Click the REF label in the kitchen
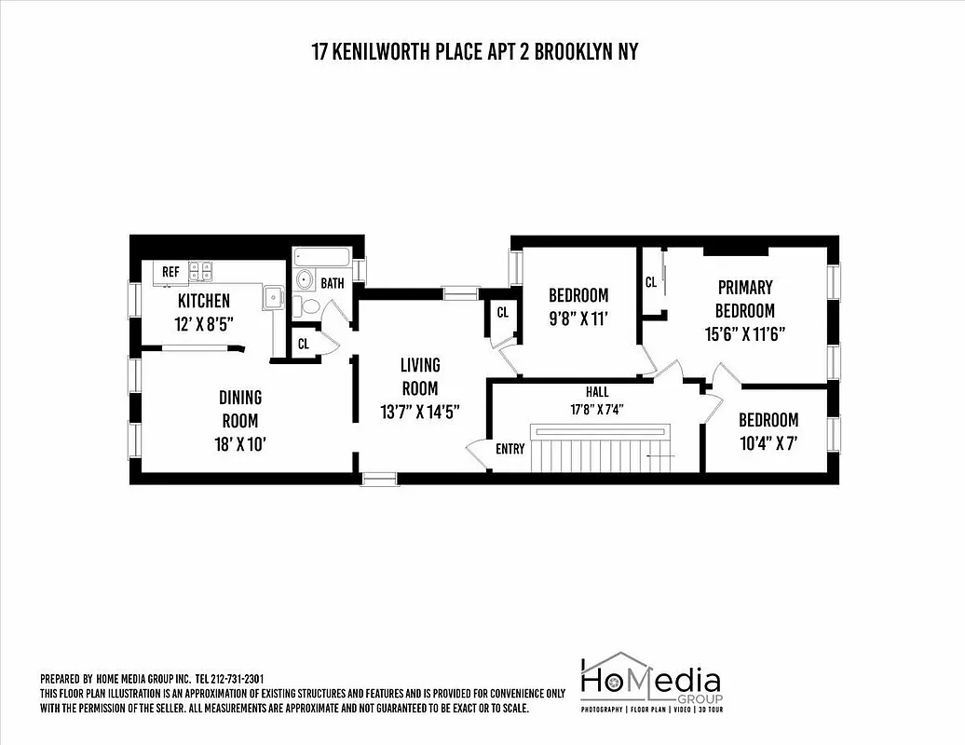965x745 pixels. tap(170, 272)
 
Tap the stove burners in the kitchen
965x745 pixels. tap(201, 271)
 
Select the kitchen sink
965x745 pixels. tap(273, 297)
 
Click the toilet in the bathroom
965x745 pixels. tap(310, 306)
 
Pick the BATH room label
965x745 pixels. tap(333, 282)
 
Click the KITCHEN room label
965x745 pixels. tap(204, 301)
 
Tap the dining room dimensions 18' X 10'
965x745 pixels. tap(240, 444)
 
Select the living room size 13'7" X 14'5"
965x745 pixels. tap(419, 411)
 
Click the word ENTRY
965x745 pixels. tap(510, 449)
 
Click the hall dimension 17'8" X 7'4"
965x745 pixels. tap(597, 408)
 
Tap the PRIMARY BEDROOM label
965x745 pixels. tap(744, 299)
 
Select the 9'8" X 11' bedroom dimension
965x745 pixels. tap(578, 318)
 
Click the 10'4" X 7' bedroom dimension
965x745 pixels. tap(768, 444)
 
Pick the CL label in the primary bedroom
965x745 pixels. tap(651, 281)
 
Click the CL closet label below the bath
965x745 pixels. tap(303, 344)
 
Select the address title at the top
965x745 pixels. tap(475, 52)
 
